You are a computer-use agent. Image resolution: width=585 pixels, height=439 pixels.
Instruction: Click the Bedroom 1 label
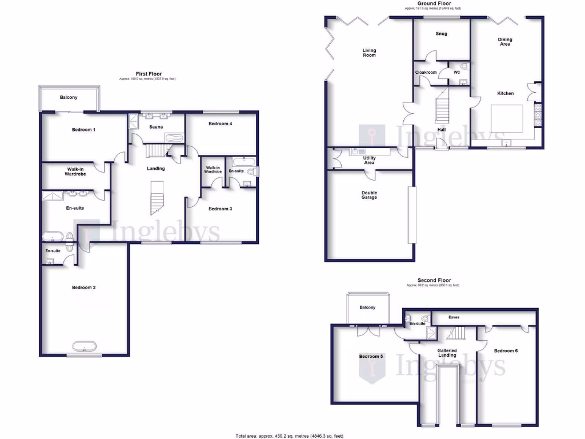(x=83, y=130)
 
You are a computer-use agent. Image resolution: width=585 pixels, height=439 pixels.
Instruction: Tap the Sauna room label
(x=156, y=127)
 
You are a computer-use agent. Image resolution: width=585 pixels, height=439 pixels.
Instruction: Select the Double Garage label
(x=369, y=195)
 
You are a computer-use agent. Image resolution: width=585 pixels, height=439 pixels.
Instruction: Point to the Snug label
(x=441, y=34)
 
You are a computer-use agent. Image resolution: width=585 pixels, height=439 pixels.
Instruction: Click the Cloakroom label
(x=426, y=73)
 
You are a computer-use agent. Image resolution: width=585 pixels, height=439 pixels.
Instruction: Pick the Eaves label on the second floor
(x=454, y=317)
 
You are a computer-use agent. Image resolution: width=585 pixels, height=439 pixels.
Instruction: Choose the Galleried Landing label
(x=447, y=353)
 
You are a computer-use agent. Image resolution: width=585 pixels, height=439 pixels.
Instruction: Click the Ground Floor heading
(x=434, y=3)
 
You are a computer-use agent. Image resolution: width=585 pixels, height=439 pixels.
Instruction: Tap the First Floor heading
(x=149, y=74)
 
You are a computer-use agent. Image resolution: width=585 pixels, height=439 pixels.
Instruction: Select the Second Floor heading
(x=435, y=281)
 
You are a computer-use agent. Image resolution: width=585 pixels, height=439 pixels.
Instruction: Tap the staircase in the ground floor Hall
(x=443, y=109)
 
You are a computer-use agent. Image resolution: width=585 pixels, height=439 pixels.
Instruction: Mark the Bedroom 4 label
(x=220, y=124)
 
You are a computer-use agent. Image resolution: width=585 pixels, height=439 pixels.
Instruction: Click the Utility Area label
(x=369, y=160)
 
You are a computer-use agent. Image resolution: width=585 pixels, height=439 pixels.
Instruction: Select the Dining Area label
(x=505, y=42)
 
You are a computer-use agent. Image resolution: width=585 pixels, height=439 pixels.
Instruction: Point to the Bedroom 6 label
(x=506, y=351)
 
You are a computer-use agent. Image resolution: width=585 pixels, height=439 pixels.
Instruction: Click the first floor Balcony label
(x=69, y=98)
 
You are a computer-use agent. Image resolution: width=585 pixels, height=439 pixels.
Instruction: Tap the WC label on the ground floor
(x=456, y=73)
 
